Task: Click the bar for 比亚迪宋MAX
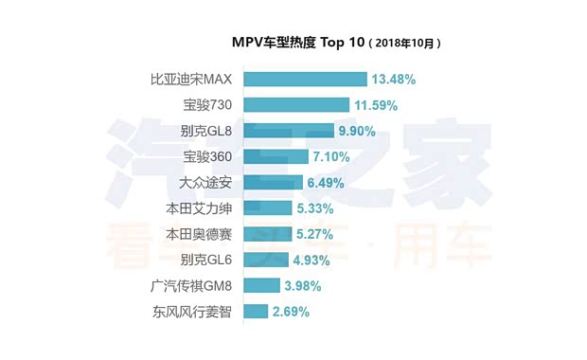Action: (x=305, y=80)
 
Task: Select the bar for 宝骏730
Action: (x=296, y=105)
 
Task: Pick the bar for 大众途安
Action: (x=273, y=182)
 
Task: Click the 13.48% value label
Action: (x=394, y=80)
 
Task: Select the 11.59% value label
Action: (x=377, y=105)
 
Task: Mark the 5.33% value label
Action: (x=315, y=207)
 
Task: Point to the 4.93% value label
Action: (x=311, y=259)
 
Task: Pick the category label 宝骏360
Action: (x=208, y=156)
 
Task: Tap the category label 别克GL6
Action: (x=206, y=259)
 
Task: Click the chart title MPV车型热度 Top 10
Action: (x=296, y=43)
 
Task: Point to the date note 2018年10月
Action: (x=405, y=44)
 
